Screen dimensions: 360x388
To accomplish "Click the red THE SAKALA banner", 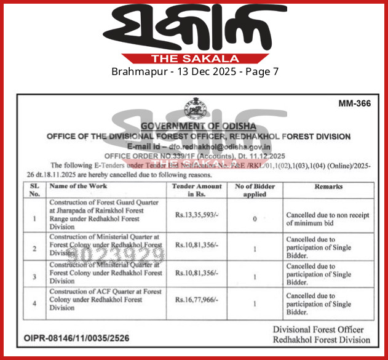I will [194, 58].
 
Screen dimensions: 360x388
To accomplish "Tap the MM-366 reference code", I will [354, 103].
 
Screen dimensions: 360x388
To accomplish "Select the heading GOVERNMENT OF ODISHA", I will [198, 126].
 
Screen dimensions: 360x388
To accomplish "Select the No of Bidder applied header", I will [255, 190].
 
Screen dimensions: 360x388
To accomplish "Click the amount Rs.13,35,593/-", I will [195, 216].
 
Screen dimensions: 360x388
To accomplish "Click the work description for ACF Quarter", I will [105, 300].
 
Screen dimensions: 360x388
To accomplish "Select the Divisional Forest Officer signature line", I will [322, 330].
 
